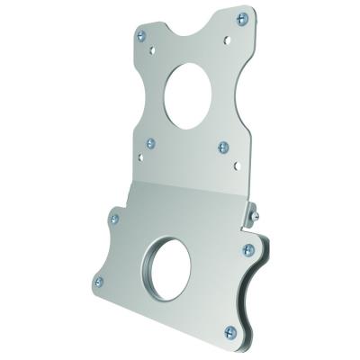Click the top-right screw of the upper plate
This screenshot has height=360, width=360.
point(240,18)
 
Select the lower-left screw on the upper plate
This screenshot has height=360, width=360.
point(151,142)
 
